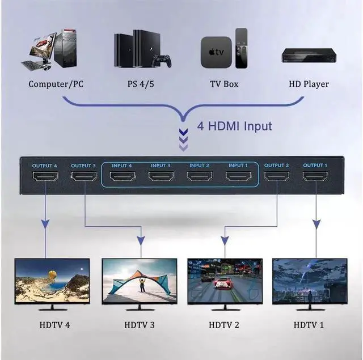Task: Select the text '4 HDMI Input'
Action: (234, 126)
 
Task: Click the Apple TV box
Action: (216, 52)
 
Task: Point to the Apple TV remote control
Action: (242, 48)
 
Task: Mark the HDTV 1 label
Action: (309, 325)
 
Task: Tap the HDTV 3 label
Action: (140, 325)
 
